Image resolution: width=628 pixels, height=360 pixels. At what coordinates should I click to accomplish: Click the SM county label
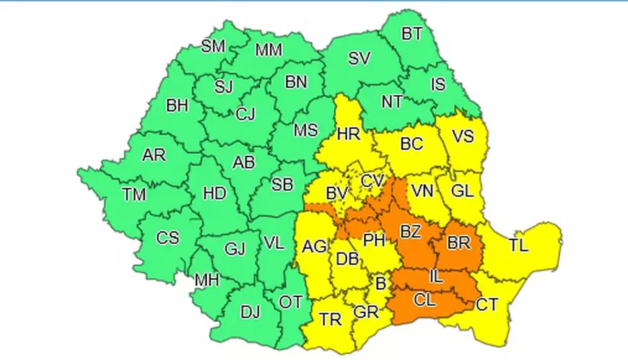click(213, 47)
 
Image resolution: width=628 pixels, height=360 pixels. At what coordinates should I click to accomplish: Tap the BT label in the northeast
click(411, 33)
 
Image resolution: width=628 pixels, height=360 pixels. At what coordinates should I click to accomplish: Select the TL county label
click(518, 245)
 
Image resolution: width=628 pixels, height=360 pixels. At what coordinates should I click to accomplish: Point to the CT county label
click(487, 304)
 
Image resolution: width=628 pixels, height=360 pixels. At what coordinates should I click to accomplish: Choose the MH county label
click(206, 280)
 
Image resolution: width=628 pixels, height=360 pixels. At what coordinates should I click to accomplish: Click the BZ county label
click(411, 232)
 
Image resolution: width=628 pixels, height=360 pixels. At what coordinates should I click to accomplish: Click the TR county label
click(331, 320)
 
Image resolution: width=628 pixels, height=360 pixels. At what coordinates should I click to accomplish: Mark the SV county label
click(359, 59)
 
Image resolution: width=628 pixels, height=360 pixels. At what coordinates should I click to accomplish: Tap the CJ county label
click(245, 113)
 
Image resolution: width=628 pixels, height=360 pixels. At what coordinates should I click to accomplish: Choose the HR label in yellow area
click(349, 135)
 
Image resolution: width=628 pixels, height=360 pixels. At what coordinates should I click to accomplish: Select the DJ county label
click(250, 312)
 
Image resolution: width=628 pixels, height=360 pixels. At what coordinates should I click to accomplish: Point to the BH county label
click(177, 105)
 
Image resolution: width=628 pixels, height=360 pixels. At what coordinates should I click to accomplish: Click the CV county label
click(372, 181)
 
